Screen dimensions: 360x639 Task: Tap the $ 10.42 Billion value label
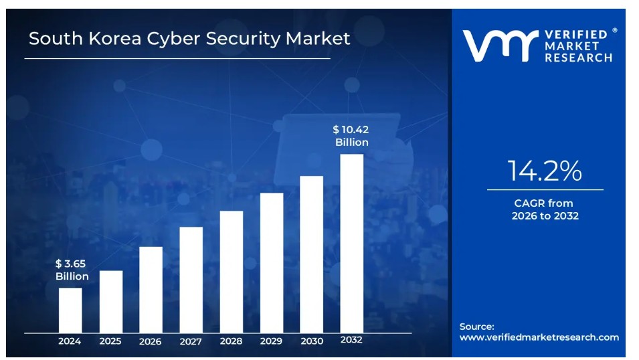(x=351, y=136)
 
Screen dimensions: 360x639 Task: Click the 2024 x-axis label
(x=70, y=341)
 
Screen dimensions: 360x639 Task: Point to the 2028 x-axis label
(x=231, y=341)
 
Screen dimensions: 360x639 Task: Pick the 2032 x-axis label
(x=351, y=340)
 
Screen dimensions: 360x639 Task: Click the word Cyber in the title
(x=180, y=39)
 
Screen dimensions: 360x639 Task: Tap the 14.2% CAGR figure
(x=545, y=171)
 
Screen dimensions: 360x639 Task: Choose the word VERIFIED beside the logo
(x=576, y=33)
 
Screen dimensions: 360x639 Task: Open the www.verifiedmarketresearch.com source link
(x=539, y=337)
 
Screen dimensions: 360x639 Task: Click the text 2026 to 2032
(x=545, y=215)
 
